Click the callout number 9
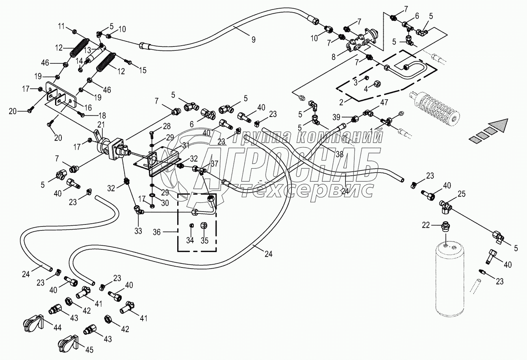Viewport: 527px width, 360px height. [x=253, y=39]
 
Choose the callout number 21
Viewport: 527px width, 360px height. [x=101, y=124]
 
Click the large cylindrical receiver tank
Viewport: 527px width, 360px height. [x=450, y=280]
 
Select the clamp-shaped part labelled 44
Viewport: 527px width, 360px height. [x=31, y=324]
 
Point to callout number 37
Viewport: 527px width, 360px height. [x=214, y=163]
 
